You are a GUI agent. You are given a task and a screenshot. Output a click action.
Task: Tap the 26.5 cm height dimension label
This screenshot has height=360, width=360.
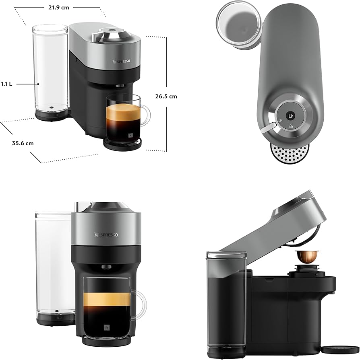click(x=166, y=97)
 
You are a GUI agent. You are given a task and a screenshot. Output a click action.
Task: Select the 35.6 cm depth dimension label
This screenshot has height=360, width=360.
click(x=23, y=143)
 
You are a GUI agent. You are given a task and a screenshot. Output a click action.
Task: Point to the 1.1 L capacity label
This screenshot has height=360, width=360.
click(x=6, y=84)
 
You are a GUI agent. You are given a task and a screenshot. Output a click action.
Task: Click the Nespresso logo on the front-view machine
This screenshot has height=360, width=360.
click(x=106, y=235)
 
